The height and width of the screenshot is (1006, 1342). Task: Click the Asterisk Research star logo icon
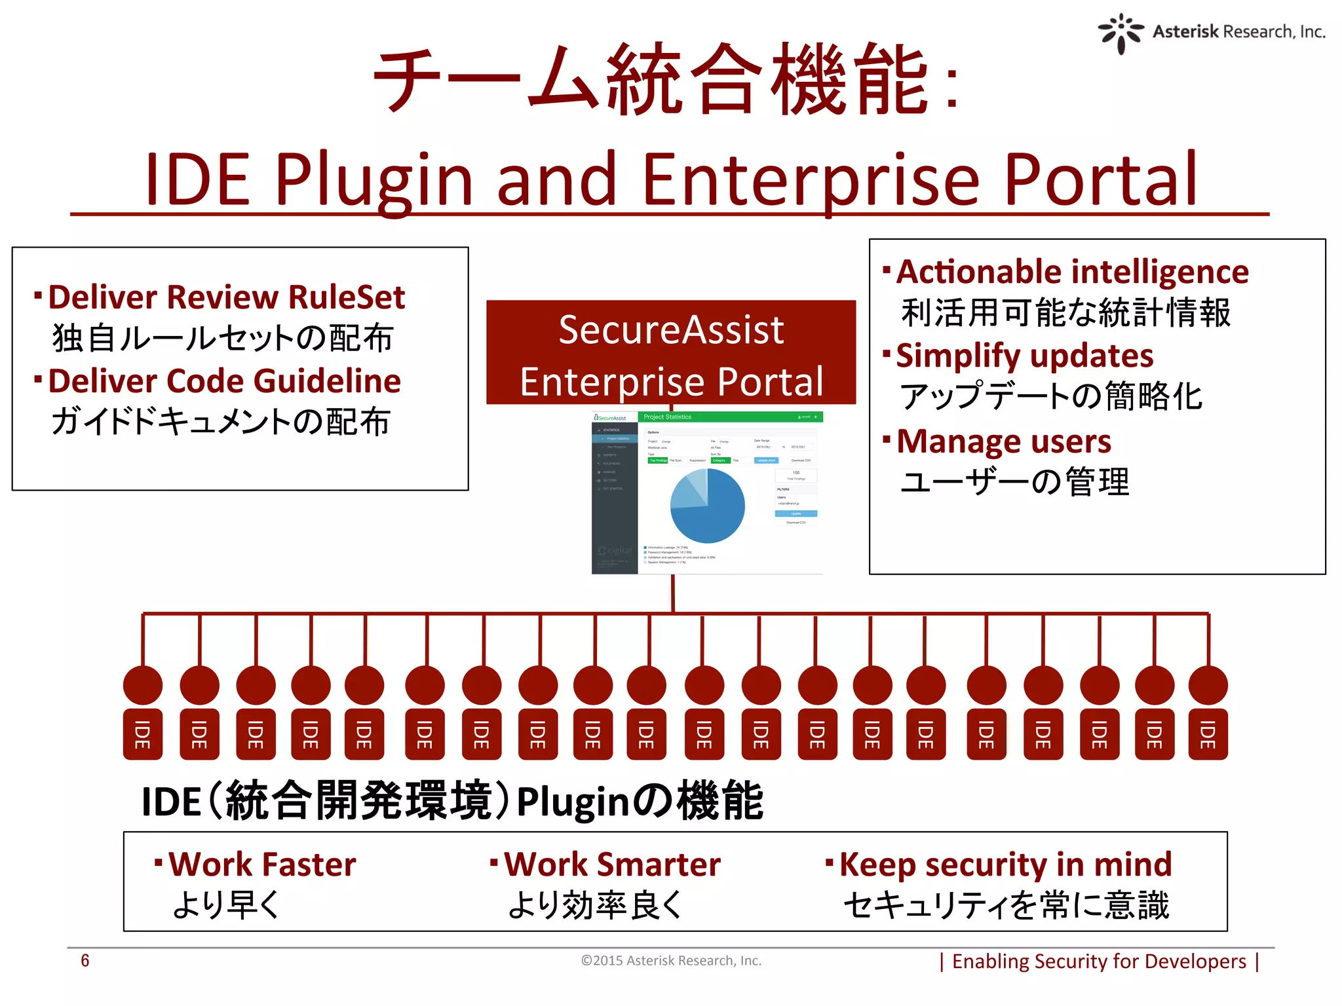click(x=1121, y=33)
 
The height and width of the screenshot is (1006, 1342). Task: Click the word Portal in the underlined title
click(x=1101, y=179)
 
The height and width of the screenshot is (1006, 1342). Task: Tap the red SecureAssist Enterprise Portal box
click(x=671, y=354)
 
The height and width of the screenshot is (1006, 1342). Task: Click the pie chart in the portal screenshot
click(x=708, y=506)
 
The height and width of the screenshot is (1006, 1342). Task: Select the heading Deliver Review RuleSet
click(x=227, y=297)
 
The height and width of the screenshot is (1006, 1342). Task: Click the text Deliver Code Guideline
click(x=225, y=381)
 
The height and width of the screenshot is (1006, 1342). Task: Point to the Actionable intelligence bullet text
click(x=1072, y=272)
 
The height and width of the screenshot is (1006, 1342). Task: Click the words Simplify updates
click(x=1024, y=356)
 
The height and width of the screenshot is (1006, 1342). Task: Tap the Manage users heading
click(x=1003, y=441)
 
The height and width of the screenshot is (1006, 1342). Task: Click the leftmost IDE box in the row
click(x=143, y=734)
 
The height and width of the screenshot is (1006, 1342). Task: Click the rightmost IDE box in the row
click(x=1208, y=734)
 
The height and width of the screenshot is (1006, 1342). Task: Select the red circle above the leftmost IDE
click(x=143, y=685)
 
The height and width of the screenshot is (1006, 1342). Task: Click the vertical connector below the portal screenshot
click(x=673, y=593)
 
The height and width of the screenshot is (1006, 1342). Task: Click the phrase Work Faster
click(x=262, y=865)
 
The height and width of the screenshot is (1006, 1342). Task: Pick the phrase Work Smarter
click(x=612, y=865)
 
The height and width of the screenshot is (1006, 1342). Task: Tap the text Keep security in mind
click(x=1005, y=865)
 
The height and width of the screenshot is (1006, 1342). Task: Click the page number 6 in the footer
click(x=85, y=961)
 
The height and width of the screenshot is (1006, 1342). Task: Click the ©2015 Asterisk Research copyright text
click(x=671, y=961)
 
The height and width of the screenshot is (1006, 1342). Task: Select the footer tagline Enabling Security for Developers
click(x=1099, y=961)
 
